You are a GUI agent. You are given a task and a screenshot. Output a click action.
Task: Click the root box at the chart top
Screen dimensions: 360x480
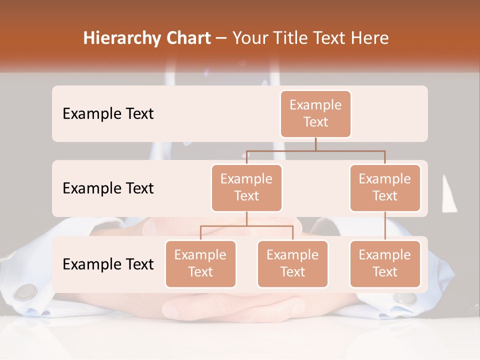315,114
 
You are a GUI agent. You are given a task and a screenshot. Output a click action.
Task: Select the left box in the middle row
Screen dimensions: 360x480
246,188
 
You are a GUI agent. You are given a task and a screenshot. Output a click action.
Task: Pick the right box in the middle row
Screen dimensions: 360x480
385,188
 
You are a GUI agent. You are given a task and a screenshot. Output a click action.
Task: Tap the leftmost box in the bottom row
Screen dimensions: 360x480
200,264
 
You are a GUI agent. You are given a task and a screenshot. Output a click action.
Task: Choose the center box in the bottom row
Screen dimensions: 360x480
292,264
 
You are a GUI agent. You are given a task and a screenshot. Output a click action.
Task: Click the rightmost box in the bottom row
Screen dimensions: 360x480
385,264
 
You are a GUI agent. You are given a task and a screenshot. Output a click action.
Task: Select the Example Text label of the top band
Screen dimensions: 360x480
108,114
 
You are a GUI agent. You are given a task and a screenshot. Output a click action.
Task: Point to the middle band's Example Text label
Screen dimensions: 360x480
108,188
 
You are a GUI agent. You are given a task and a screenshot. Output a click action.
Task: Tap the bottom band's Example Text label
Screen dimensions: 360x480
108,264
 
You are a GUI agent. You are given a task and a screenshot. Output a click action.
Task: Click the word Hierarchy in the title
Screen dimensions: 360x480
122,38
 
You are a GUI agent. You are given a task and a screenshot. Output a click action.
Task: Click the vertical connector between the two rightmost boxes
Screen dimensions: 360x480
385,226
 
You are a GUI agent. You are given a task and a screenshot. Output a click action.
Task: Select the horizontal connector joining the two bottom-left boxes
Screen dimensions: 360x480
246,226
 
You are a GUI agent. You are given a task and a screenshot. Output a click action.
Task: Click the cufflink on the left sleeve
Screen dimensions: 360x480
26,291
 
